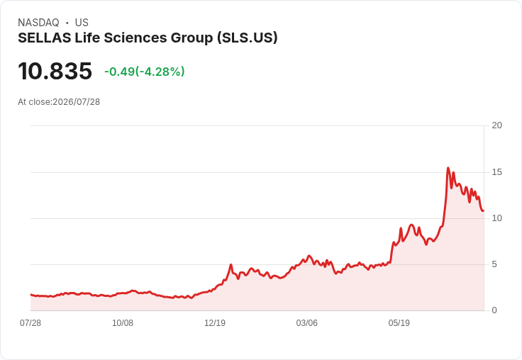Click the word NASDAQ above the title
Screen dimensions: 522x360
[x=38, y=23]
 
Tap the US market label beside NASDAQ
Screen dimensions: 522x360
[x=82, y=23]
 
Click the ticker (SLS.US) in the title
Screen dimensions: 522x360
[x=247, y=38]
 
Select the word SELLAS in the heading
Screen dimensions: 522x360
[x=44, y=38]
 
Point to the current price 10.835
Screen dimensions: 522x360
[x=55, y=71]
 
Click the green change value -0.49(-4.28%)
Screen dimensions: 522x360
[x=145, y=72]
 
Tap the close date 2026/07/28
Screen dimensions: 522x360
[x=76, y=102]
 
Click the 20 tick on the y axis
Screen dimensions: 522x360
[x=496, y=125]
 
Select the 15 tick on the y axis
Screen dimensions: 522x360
[x=496, y=172]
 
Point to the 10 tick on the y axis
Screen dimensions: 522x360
[x=496, y=218]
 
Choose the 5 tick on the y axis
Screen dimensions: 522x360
[x=494, y=264]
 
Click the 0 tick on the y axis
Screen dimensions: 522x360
[x=494, y=310]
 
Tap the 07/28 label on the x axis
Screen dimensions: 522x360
[x=30, y=322]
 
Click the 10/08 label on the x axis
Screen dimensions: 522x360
[x=123, y=322]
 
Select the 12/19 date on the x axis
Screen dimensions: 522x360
[x=215, y=322]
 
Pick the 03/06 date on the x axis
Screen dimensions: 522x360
[x=307, y=322]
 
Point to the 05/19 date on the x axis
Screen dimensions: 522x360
[x=399, y=322]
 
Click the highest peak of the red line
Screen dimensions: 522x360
[x=448, y=168]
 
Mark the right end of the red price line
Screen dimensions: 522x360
[x=484, y=210]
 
